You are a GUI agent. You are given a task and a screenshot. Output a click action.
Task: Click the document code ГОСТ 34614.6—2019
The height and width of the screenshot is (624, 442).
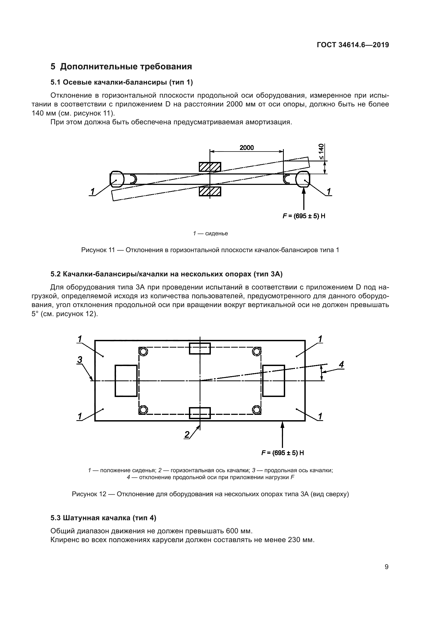pos(353,45)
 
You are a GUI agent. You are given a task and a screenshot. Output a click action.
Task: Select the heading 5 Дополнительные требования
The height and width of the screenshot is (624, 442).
pos(121,67)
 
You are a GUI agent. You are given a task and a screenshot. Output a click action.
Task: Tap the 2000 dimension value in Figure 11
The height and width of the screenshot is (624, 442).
pos(247,148)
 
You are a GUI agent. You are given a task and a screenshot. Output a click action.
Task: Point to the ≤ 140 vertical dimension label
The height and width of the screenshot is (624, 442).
pos(321,151)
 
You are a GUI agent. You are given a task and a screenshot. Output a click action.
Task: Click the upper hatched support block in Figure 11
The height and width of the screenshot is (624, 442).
pos(210,167)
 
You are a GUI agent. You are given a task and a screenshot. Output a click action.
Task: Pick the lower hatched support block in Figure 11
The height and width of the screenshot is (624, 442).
pos(210,191)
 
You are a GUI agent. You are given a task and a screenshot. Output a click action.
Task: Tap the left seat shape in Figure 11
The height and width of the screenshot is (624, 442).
pos(117,179)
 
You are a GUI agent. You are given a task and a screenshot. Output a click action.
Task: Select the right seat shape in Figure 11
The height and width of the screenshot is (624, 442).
pos(303,179)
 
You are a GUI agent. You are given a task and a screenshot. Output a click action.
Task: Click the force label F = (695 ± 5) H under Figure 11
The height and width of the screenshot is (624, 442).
pos(304,216)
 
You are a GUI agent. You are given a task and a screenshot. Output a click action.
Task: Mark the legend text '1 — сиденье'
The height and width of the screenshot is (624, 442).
pos(210,233)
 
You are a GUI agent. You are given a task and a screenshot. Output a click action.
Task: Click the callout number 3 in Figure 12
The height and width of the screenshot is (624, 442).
pos(79,360)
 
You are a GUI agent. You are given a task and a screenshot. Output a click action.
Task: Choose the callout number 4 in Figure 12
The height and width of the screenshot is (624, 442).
pos(341,364)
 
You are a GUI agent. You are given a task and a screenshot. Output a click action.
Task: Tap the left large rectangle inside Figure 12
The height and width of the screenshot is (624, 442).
pos(126,381)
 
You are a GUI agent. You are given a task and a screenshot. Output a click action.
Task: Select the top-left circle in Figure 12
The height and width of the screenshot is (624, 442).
pos(144,352)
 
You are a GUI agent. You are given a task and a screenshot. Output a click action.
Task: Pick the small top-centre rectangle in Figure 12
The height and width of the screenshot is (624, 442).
pos(200,349)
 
